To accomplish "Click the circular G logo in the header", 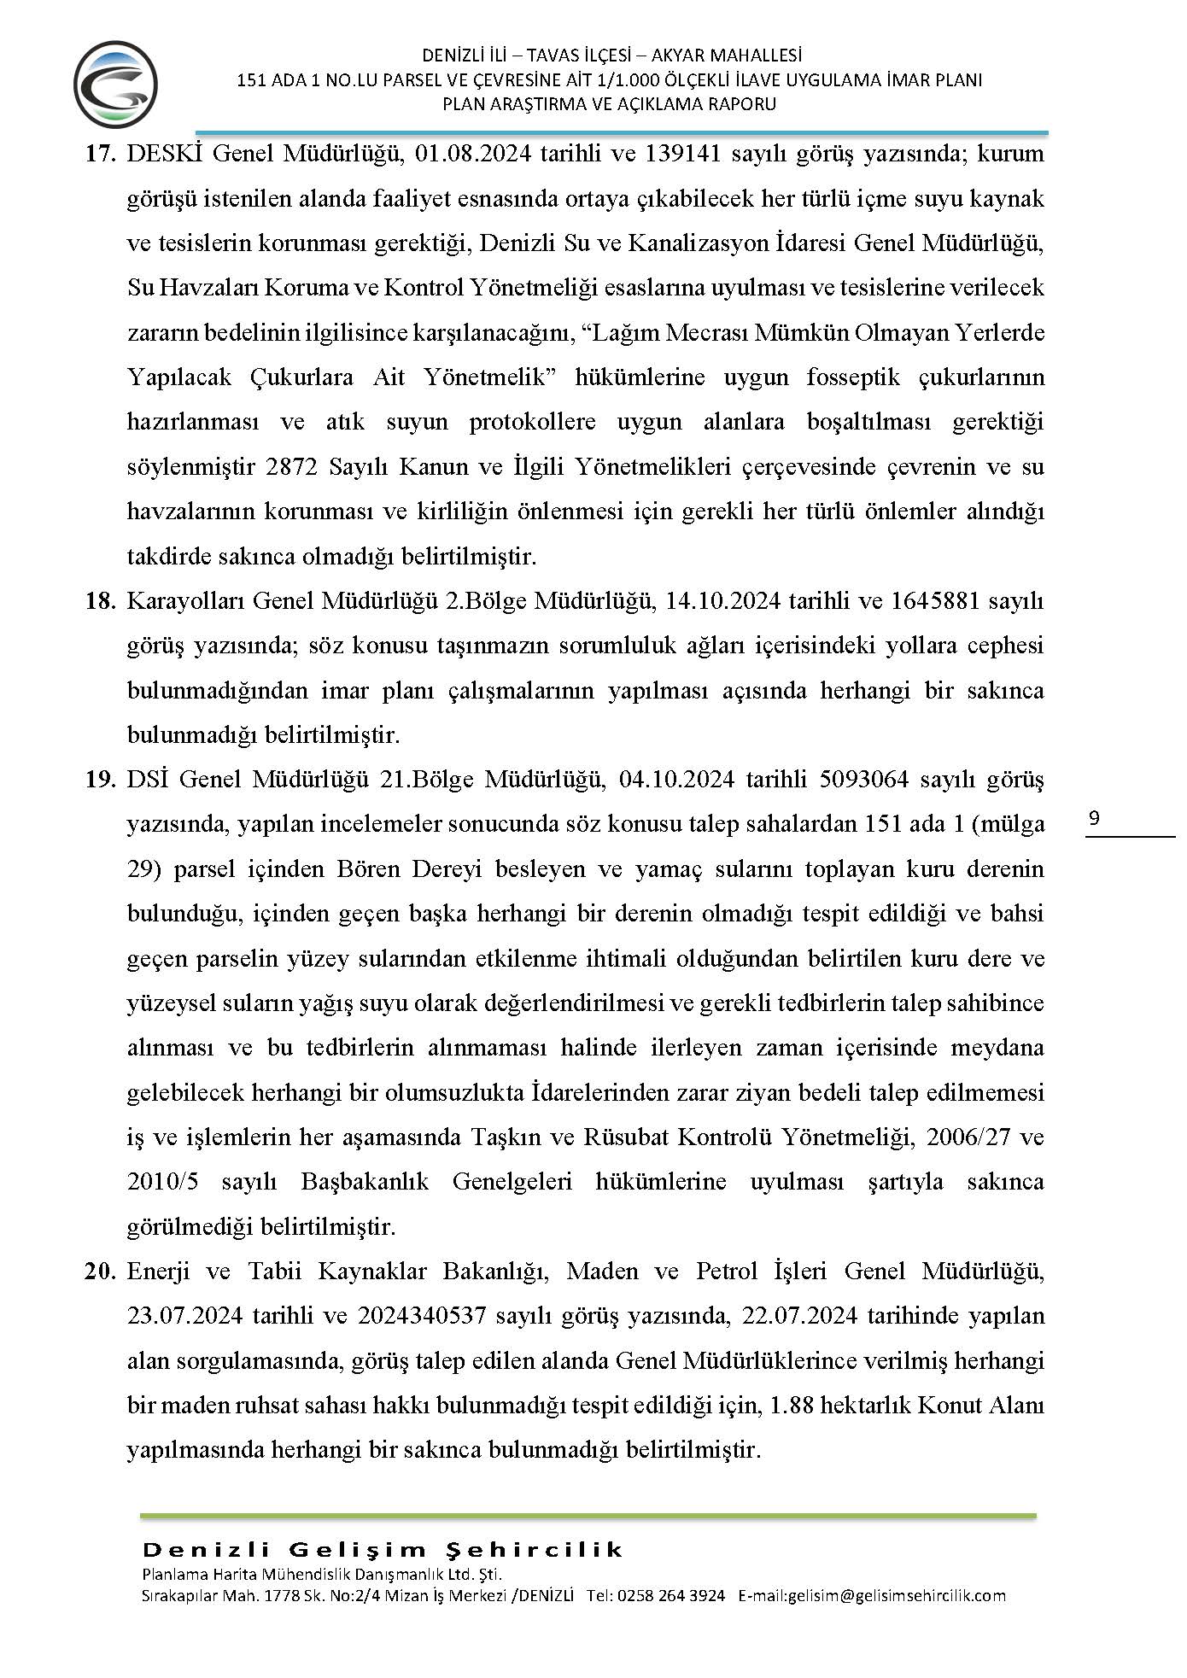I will point(115,85).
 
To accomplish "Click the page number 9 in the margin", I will point(1095,819).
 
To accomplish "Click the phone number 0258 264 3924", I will point(670,1595).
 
